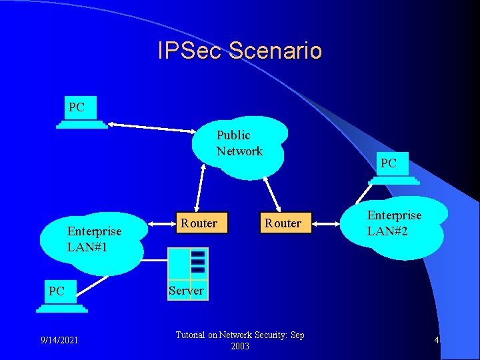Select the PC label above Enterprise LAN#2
click(388, 163)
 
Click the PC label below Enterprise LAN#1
click(57, 291)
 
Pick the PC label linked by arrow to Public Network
click(77, 107)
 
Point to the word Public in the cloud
click(233, 135)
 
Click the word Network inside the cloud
click(239, 151)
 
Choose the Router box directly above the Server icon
click(199, 223)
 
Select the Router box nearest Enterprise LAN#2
click(283, 223)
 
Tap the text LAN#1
click(87, 247)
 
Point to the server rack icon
click(189, 265)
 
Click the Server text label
click(186, 291)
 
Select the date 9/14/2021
click(59, 341)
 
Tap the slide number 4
click(436, 341)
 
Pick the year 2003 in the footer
click(240, 347)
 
